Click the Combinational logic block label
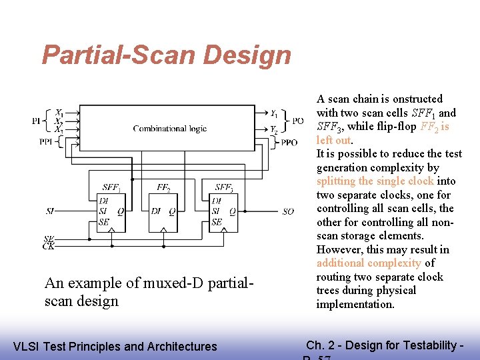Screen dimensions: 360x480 coord(169,129)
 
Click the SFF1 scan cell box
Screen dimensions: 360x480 coord(111,212)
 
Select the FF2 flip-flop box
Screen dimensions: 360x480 coord(163,212)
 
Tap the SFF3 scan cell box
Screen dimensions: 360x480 coord(223,212)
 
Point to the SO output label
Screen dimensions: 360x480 coord(287,211)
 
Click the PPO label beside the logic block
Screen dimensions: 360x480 coord(289,143)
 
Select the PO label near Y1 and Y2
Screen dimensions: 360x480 coord(299,121)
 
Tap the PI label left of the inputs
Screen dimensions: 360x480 coord(37,121)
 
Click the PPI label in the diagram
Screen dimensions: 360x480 coord(45,141)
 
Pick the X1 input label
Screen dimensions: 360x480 coord(59,112)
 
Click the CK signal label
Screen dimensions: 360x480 coord(49,247)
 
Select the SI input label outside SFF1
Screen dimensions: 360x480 coord(50,211)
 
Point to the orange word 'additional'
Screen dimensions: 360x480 coord(341,263)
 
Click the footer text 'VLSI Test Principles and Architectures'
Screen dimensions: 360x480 coord(115,346)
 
